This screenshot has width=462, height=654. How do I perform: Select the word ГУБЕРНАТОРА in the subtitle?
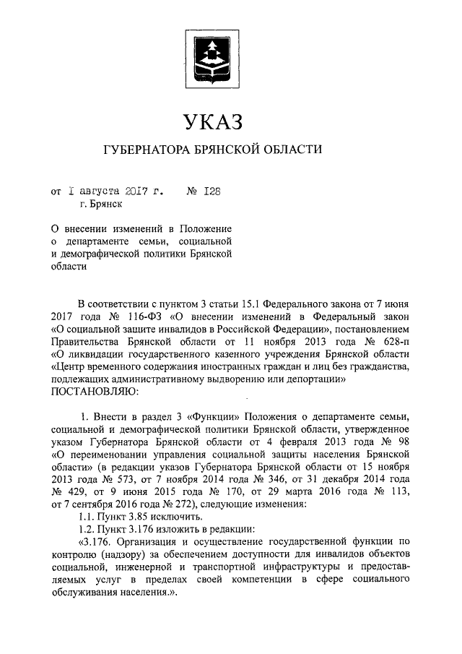coord(146,150)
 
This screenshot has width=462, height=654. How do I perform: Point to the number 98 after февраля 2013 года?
coord(401,442)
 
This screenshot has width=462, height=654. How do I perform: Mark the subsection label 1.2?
coord(87,528)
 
